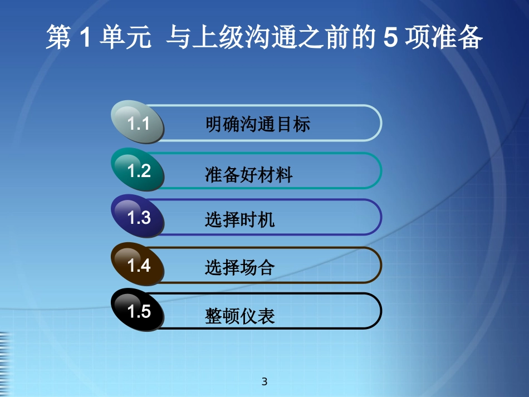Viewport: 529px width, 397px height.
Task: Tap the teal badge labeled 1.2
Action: pos(139,171)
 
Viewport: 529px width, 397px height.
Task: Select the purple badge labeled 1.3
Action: pos(139,218)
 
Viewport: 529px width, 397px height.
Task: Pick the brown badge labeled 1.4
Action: pos(139,266)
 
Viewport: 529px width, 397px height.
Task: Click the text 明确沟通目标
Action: pos(257,124)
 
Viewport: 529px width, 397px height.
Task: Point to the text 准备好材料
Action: pos(248,175)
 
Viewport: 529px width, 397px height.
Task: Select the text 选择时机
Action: pos(239,220)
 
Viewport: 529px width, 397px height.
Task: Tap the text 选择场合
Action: pos(239,268)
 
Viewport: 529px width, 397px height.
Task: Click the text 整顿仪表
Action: pos(239,316)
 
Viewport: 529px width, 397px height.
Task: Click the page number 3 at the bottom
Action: pos(264,382)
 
